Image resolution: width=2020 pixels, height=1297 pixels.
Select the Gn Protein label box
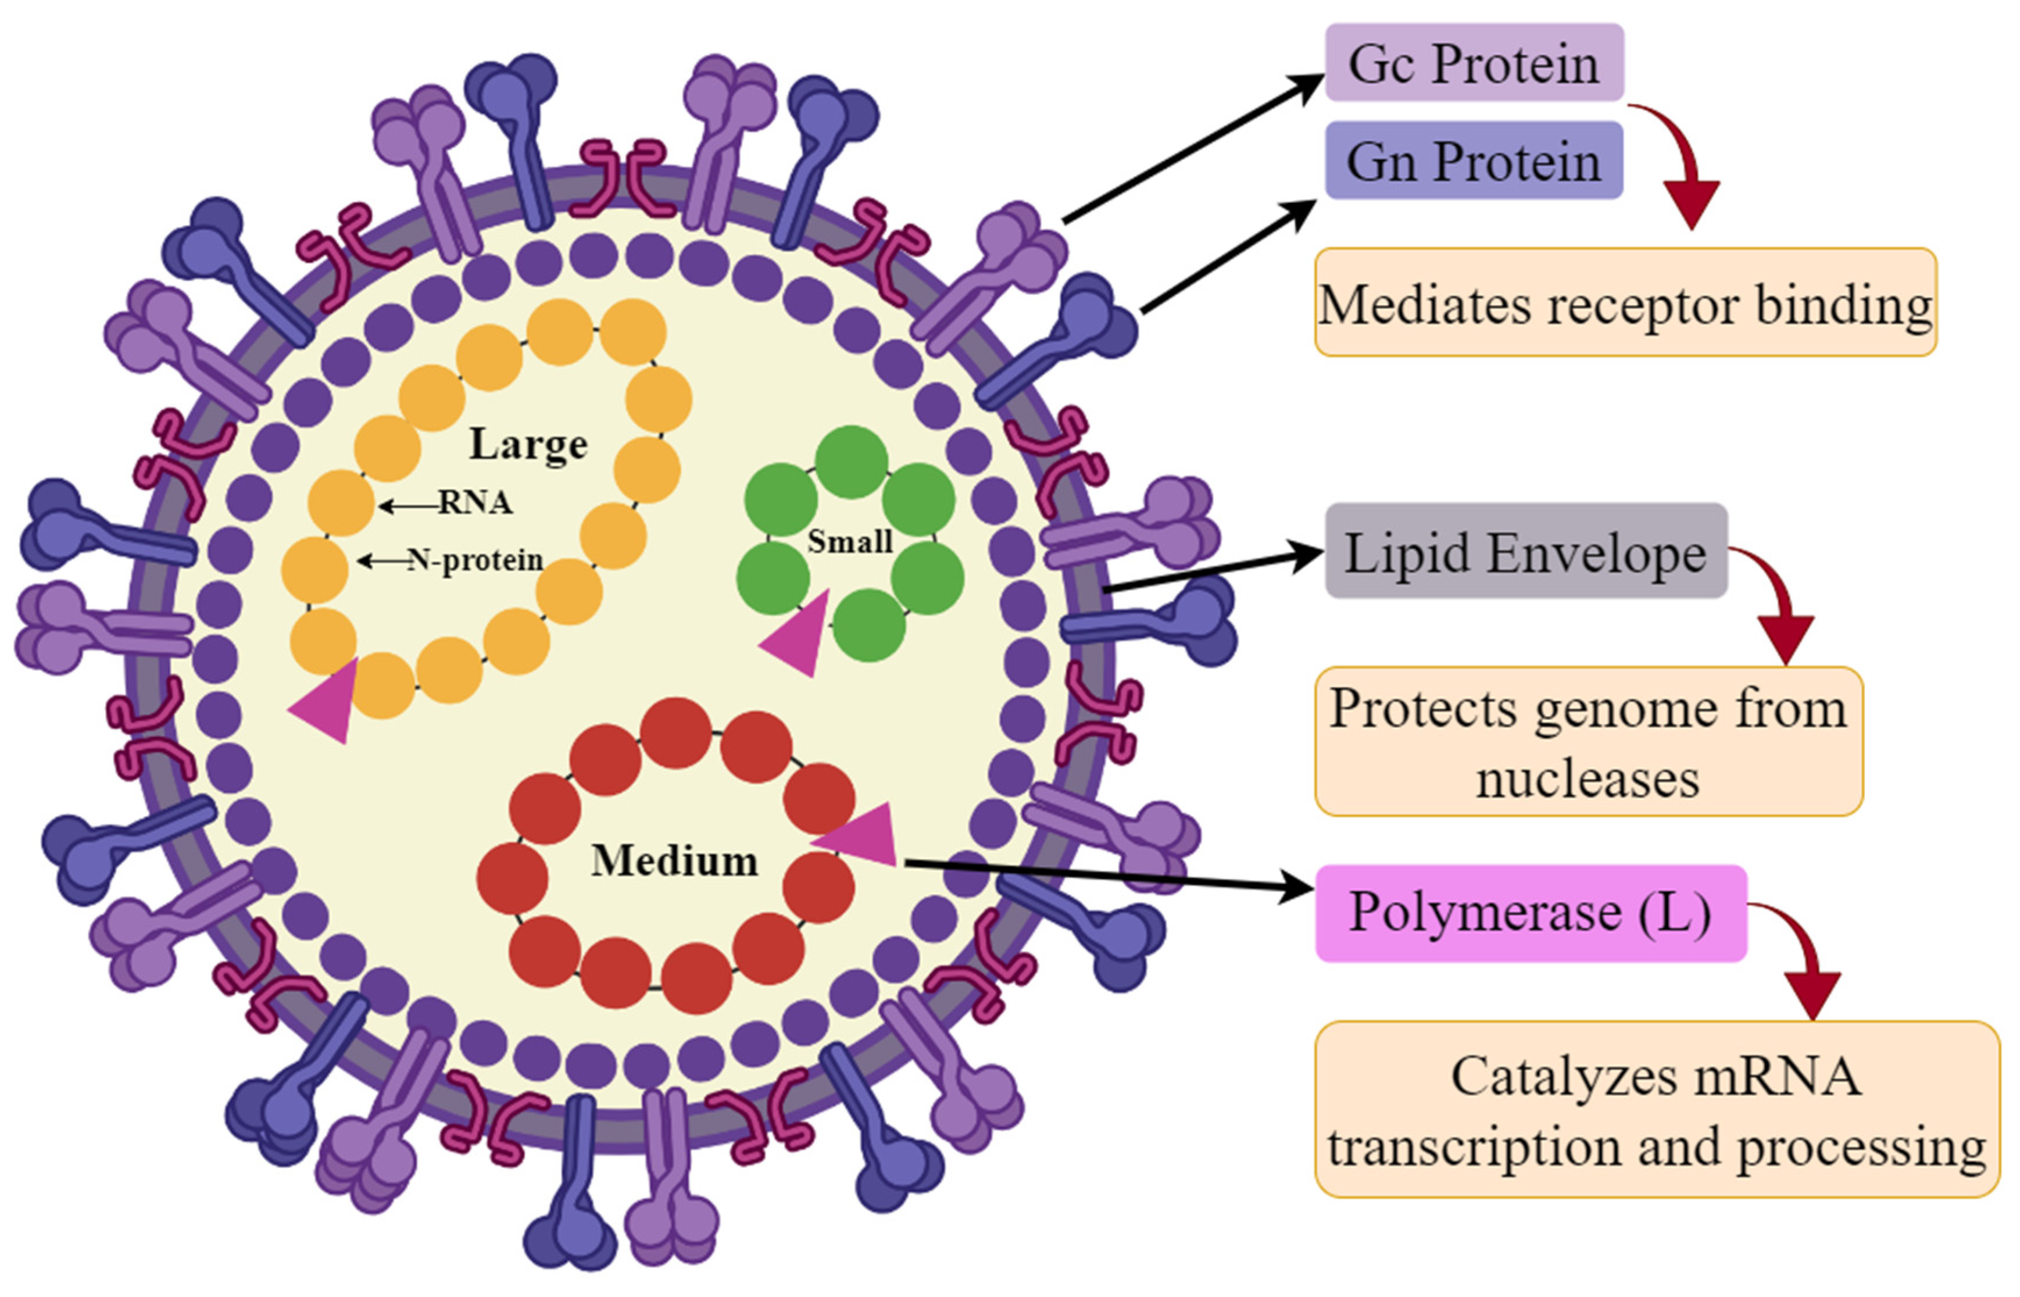point(1474,160)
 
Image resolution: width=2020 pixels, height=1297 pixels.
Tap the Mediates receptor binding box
point(1625,303)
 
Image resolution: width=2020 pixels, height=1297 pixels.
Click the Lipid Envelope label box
point(1526,552)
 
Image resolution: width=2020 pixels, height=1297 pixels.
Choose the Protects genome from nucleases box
point(1588,741)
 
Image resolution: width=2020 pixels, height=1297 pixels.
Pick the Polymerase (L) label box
point(1530,912)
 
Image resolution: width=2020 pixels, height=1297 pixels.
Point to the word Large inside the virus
point(528,444)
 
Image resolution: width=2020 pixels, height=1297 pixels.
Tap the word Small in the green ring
point(850,541)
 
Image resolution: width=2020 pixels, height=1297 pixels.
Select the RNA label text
point(475,503)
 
